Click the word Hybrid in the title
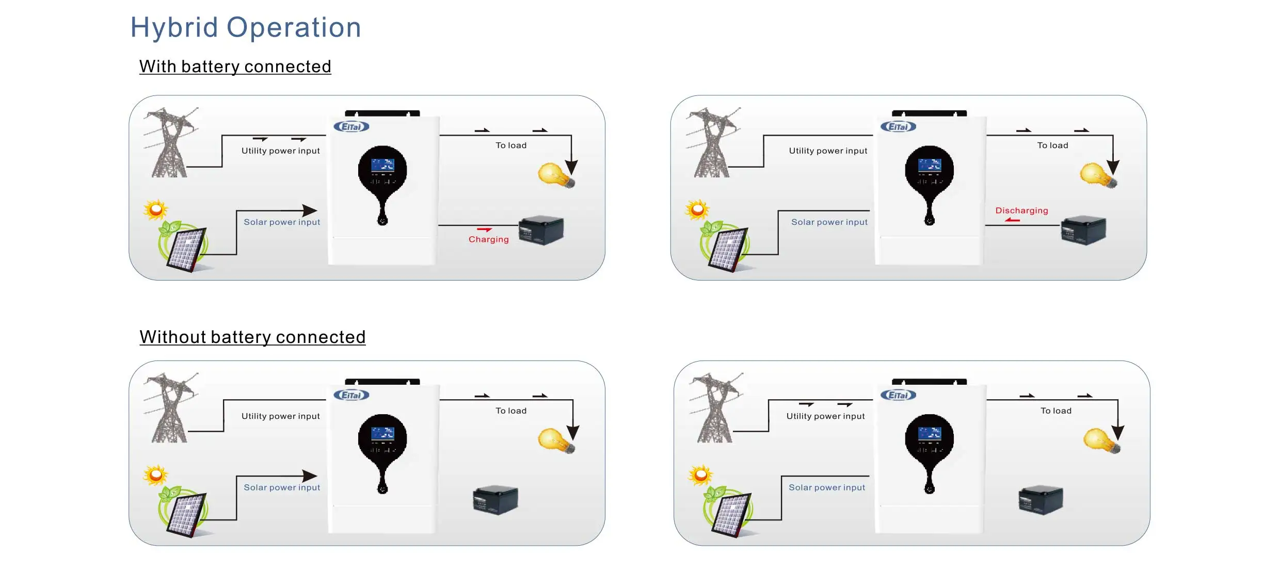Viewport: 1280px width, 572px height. (174, 28)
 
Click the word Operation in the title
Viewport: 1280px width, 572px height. (294, 28)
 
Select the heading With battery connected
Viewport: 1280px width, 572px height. (235, 67)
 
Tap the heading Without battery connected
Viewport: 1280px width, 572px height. (252, 337)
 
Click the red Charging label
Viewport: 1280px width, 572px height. (488, 239)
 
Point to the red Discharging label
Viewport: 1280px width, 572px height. (1021, 210)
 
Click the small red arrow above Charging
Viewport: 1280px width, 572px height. (484, 230)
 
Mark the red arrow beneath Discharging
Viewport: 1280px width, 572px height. (1013, 220)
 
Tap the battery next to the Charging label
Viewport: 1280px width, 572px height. (541, 230)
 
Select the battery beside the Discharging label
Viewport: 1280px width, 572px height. (1083, 230)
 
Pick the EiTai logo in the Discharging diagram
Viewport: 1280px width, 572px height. (898, 127)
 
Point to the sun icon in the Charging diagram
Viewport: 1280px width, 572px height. (155, 210)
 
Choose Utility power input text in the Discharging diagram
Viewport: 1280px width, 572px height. (828, 151)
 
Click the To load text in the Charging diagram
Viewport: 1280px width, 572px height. (511, 146)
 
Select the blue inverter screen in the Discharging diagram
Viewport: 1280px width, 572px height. (929, 166)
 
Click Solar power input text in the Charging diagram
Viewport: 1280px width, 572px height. (282, 222)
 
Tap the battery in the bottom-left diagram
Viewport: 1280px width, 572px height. (495, 499)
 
